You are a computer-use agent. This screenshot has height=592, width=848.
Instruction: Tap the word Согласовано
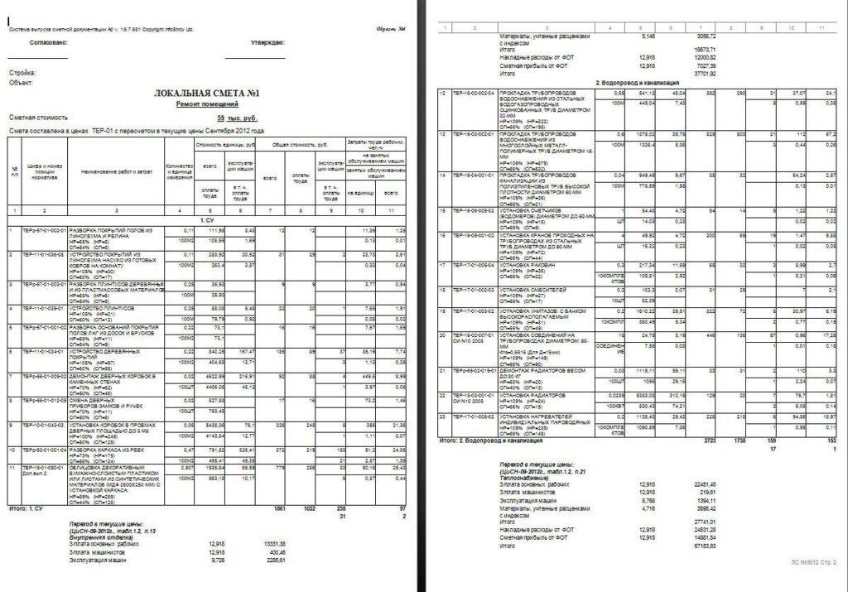48,42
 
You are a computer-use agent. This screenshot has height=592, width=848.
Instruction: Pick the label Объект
20,82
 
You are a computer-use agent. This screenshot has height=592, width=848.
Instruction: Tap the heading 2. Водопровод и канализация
638,84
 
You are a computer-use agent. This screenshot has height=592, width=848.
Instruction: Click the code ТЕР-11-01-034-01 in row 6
42,350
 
